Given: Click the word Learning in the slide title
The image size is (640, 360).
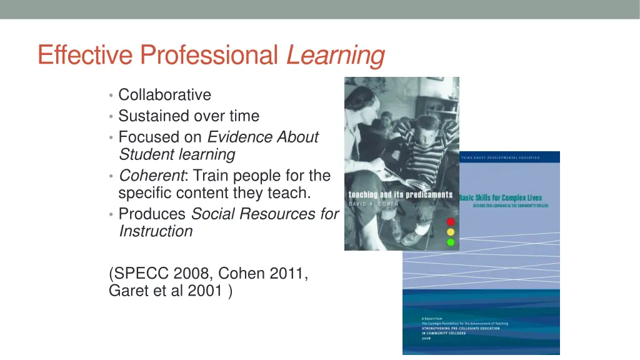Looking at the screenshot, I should pos(336,56).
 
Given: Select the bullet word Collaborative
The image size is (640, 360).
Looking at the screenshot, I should pos(164,95).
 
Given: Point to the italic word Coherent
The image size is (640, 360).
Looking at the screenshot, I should pos(149,176).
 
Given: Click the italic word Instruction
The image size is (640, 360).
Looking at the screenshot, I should pos(156,231).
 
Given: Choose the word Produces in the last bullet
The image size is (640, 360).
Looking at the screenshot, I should pos(152,214).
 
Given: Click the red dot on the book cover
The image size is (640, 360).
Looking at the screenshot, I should pos(450,222).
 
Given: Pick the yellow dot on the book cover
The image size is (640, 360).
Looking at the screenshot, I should pos(450,232).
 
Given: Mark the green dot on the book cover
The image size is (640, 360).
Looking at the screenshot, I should pos(450,242).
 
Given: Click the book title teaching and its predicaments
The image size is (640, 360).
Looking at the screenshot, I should pos(400,194).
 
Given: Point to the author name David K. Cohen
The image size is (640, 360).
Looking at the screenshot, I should pos(374,204).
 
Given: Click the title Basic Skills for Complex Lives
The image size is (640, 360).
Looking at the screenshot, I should pos(501,197).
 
